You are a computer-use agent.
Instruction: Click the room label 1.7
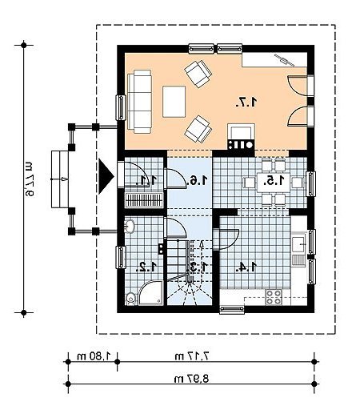point(246,102)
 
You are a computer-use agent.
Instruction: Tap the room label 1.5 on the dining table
point(274,181)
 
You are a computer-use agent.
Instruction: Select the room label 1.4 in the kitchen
point(246,267)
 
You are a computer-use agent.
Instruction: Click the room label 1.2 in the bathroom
point(146,267)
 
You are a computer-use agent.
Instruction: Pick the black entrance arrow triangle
point(106,176)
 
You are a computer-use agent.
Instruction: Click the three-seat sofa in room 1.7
point(140,102)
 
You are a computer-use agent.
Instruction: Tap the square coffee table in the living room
point(174,102)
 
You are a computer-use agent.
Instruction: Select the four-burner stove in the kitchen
point(274,297)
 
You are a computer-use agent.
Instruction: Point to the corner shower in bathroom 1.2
point(150,293)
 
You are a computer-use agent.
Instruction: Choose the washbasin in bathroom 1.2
point(130,227)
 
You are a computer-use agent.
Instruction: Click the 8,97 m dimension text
point(191,379)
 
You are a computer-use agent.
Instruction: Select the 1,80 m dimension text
point(94,356)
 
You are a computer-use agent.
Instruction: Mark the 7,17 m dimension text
point(191,356)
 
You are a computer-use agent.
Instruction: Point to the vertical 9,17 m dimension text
point(30,179)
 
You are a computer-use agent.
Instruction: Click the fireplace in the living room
point(241,136)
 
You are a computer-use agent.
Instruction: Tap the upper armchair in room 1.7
point(198,74)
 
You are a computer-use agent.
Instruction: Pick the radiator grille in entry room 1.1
point(144,200)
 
